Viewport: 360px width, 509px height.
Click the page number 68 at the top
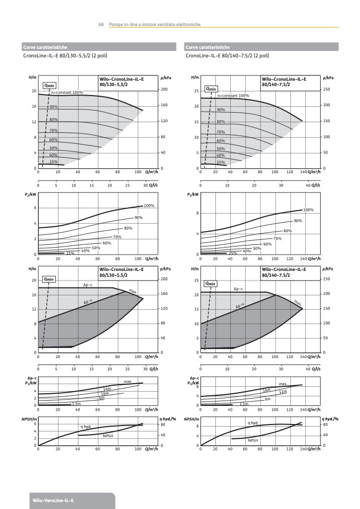pyautogui.click(x=101, y=24)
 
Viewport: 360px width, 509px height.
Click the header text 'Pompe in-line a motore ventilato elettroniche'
pyautogui.click(x=155, y=24)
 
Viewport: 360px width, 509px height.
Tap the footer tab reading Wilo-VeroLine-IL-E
pyautogui.click(x=53, y=500)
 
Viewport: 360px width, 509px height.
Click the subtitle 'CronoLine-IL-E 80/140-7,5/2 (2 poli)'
pyautogui.click(x=227, y=55)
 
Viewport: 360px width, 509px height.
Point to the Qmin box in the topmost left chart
pyautogui.click(x=49, y=85)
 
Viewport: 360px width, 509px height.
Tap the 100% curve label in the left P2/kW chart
pyautogui.click(x=149, y=206)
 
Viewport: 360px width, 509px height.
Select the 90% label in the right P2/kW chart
pyautogui.click(x=298, y=220)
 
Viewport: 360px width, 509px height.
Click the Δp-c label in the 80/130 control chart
pyautogui.click(x=88, y=285)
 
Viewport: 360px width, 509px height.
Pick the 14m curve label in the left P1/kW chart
pyautogui.click(x=106, y=389)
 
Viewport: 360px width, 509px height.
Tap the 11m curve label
pyautogui.click(x=283, y=392)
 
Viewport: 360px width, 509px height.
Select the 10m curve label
pyautogui.click(x=105, y=394)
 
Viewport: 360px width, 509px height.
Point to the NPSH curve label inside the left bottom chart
pyautogui.click(x=108, y=436)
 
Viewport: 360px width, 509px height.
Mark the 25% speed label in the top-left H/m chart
pyautogui.click(x=54, y=162)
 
